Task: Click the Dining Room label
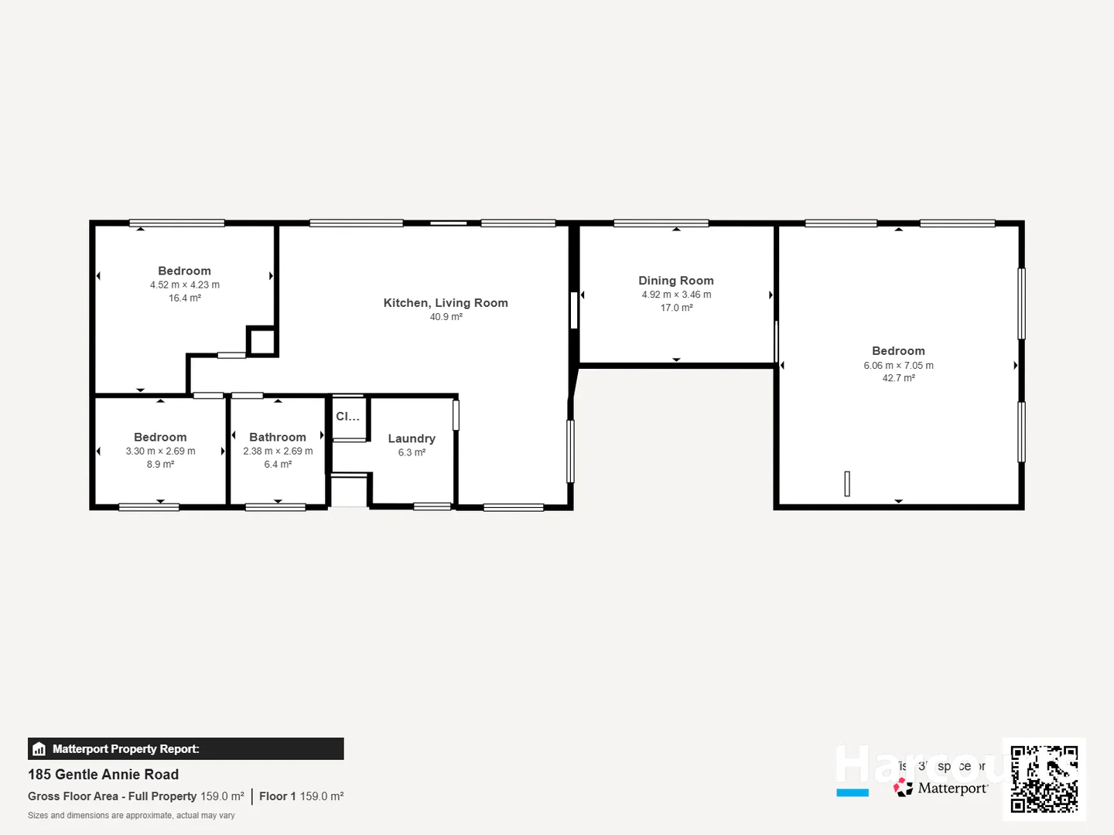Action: point(675,281)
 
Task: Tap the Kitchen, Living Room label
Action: point(446,303)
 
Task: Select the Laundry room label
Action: point(412,438)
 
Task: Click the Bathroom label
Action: point(278,438)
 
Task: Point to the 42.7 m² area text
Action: point(898,378)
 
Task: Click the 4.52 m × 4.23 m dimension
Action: point(185,285)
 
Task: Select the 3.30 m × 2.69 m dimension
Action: point(160,451)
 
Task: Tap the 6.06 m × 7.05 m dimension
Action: point(898,366)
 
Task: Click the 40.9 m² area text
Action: point(446,317)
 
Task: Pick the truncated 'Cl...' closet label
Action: point(347,417)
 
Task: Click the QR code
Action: point(1044,779)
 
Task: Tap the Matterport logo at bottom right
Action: point(941,789)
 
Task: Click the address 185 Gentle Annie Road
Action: point(103,775)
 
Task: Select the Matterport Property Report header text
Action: point(125,749)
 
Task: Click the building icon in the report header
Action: point(39,749)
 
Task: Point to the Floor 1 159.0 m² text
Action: point(301,796)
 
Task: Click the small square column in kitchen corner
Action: point(261,341)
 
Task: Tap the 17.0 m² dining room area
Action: point(676,308)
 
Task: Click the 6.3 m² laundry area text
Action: point(412,452)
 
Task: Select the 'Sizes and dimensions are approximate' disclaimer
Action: point(132,816)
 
